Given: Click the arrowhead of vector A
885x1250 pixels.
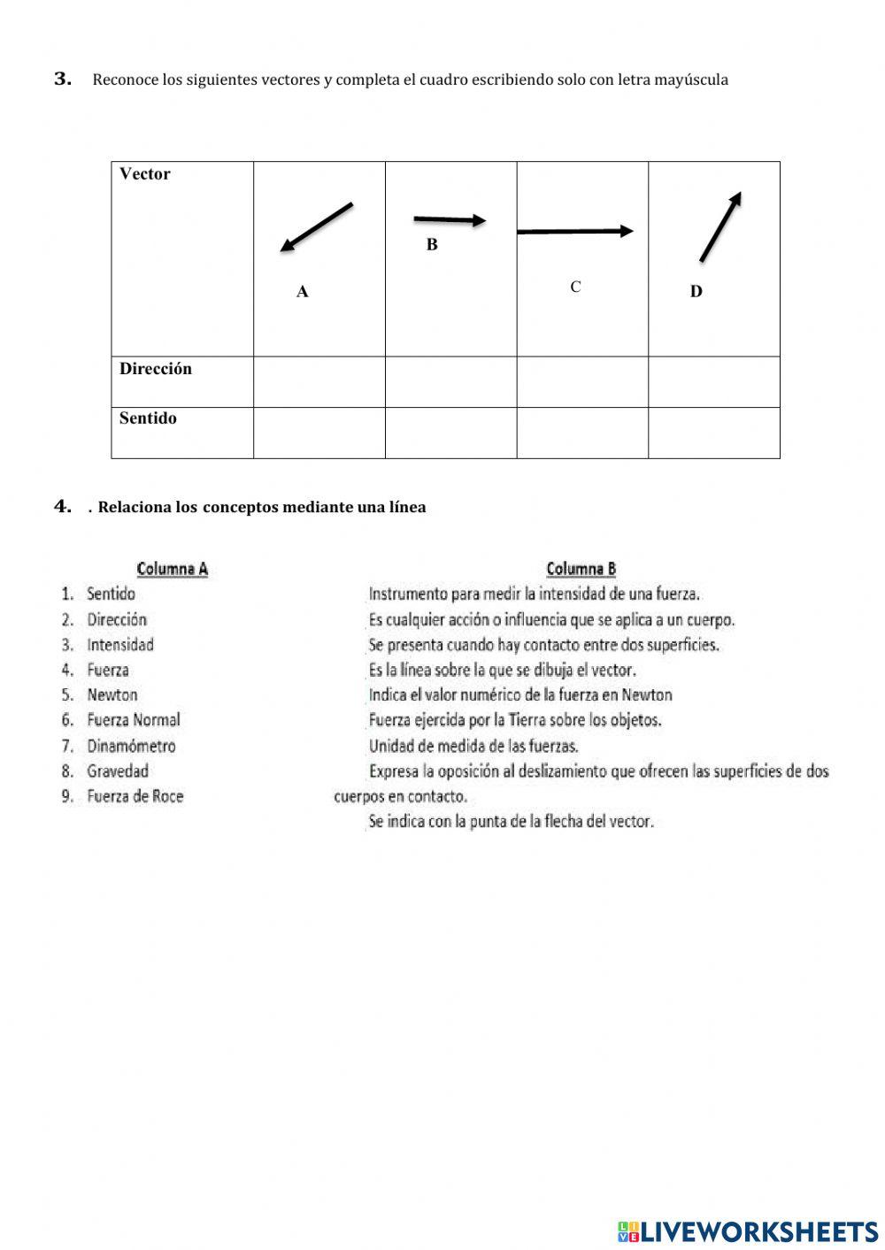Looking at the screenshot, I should pyautogui.click(x=286, y=247).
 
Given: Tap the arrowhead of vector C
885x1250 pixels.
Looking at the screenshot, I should pyautogui.click(x=627, y=231).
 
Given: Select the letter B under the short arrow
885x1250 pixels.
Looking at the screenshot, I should pyautogui.click(x=432, y=245).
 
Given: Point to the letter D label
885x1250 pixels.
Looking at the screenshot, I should pyautogui.click(x=696, y=292).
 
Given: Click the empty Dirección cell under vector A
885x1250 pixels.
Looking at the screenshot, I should pyautogui.click(x=319, y=382).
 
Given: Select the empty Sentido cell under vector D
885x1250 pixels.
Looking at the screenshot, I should pyautogui.click(x=714, y=433).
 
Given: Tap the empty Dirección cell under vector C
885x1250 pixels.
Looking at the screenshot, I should pyautogui.click(x=582, y=382).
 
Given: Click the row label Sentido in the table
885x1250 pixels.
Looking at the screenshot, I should pyautogui.click(x=148, y=418).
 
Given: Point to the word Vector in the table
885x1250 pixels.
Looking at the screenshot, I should pyautogui.click(x=145, y=174).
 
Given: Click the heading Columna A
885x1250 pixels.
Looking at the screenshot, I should pyautogui.click(x=173, y=569).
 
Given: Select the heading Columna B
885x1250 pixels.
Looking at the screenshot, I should pyautogui.click(x=581, y=569).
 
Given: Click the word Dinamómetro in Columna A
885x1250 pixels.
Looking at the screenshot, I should pyautogui.click(x=131, y=746).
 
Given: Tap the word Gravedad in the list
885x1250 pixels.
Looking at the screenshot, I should pyautogui.click(x=118, y=771).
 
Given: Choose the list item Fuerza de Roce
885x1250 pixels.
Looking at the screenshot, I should pyautogui.click(x=135, y=796).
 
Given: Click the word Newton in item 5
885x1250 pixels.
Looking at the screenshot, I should pyautogui.click(x=112, y=695).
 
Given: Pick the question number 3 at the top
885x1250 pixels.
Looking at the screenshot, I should pyautogui.click(x=63, y=79).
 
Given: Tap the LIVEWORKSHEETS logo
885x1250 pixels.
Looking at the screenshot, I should pyautogui.click(x=748, y=1231).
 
